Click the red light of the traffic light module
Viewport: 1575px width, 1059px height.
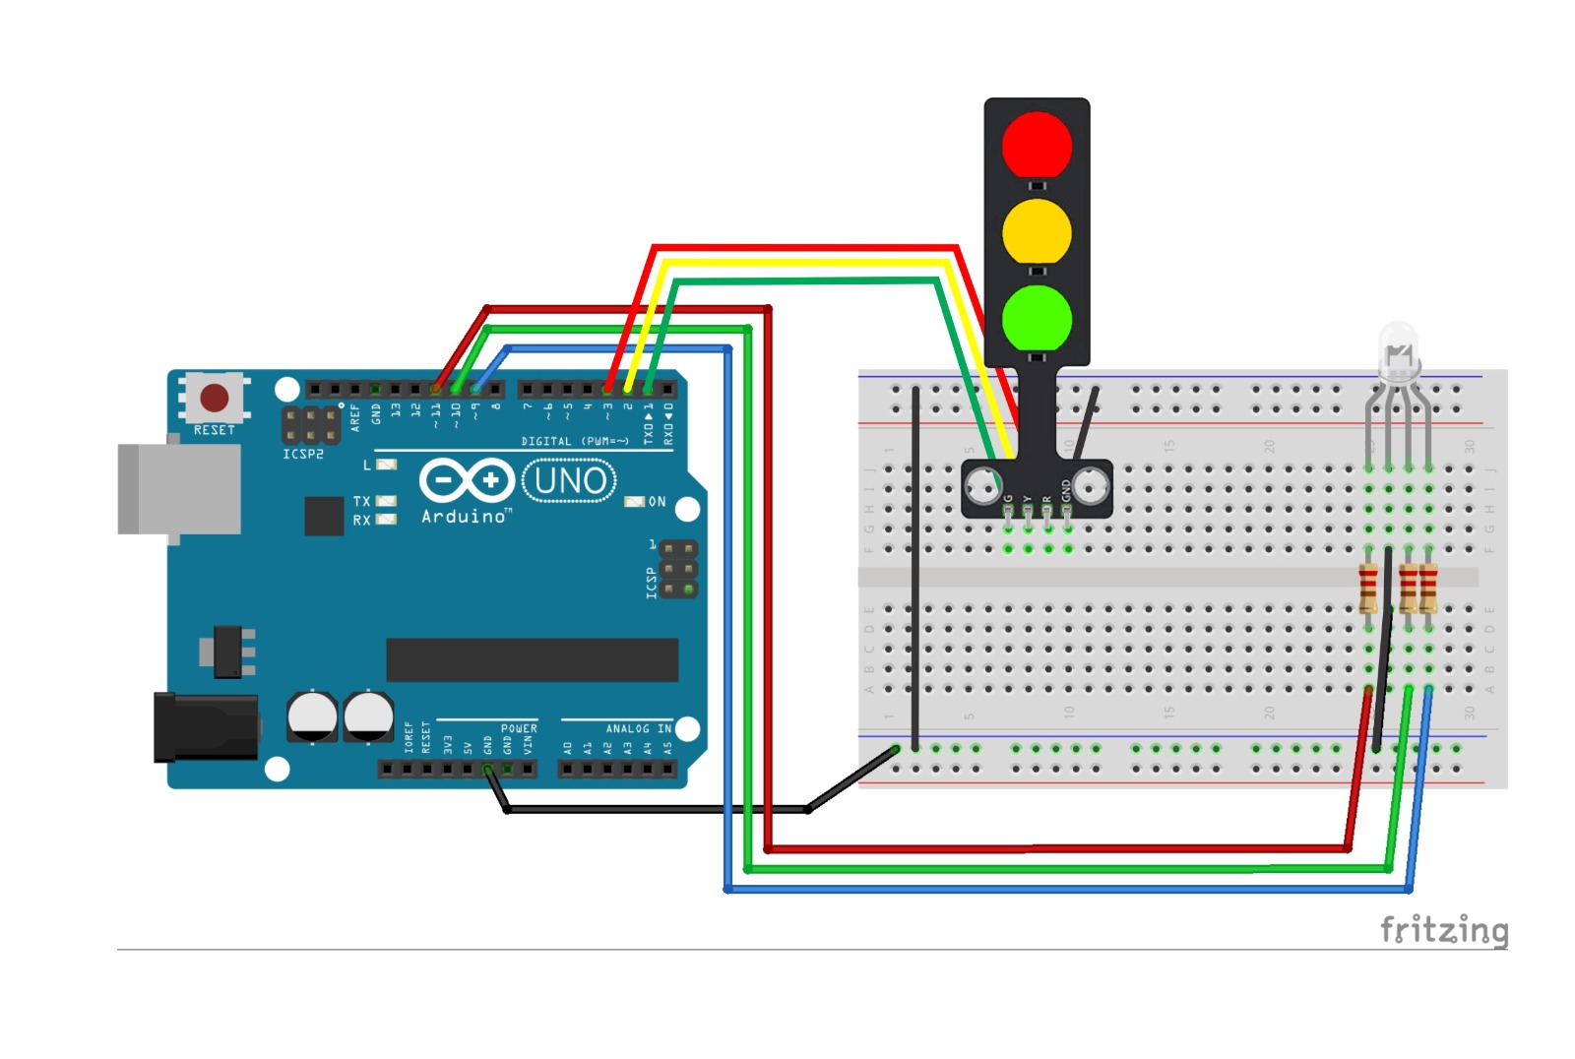(x=1037, y=145)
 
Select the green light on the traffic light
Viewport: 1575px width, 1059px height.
(x=1037, y=318)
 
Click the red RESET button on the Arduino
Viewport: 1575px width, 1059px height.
(x=214, y=399)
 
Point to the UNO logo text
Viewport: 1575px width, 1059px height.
(x=570, y=481)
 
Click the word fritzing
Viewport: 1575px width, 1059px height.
(x=1443, y=929)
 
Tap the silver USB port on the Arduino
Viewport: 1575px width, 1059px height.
(x=178, y=489)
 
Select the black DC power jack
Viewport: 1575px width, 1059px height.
(x=205, y=727)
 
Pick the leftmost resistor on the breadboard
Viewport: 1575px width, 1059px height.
(x=1368, y=589)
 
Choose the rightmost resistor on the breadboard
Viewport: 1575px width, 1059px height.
(x=1428, y=589)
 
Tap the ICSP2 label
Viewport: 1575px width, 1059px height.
(x=303, y=455)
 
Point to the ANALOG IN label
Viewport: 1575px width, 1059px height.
(x=638, y=728)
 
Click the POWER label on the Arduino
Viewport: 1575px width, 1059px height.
(x=519, y=728)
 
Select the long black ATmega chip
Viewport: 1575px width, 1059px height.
(x=532, y=659)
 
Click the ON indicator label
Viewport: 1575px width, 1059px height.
(x=657, y=502)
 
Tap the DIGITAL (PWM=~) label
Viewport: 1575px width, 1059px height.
(x=575, y=441)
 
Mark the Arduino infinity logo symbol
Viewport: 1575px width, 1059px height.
(x=467, y=480)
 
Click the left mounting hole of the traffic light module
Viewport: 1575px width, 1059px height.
(x=981, y=484)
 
